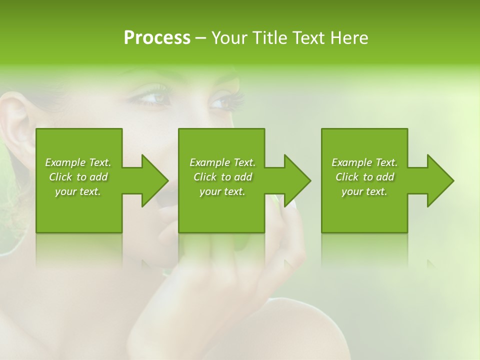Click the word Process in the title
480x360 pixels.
tap(157, 38)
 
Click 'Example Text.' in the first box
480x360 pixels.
tap(78, 162)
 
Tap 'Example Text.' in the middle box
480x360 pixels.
tap(222, 162)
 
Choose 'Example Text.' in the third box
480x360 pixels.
tap(364, 162)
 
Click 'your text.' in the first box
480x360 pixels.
tap(78, 191)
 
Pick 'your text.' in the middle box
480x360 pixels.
tap(222, 191)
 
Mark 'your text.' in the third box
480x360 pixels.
tap(364, 191)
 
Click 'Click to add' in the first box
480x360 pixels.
tap(78, 177)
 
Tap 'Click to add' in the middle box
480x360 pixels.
tap(222, 177)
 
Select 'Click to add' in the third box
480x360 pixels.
tap(364, 177)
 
